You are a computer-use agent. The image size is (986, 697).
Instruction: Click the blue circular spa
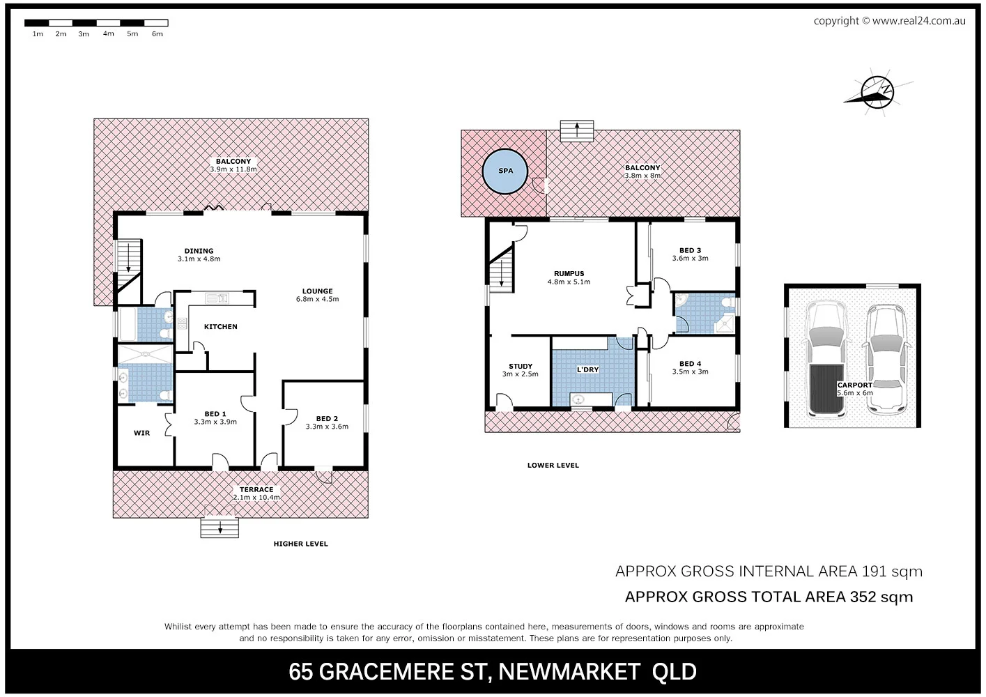tap(505, 171)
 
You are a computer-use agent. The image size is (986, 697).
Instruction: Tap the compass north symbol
tap(877, 93)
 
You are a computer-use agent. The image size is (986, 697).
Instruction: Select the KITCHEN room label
tap(220, 326)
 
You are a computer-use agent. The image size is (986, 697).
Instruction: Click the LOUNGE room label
tap(317, 291)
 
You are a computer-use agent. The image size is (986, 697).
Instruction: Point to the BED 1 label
tap(215, 414)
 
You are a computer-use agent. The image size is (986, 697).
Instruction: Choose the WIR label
tap(141, 433)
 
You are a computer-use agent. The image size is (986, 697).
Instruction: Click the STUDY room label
tap(520, 366)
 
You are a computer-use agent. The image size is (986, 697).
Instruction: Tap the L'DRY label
tap(587, 369)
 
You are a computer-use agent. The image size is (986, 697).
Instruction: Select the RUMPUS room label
tap(569, 274)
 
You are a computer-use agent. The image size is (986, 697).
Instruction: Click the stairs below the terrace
tap(219, 528)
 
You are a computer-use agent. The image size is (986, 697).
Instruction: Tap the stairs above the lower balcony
tap(576, 131)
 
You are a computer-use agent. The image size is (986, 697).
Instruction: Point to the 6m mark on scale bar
tap(157, 33)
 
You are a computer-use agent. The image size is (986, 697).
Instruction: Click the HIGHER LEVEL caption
tap(300, 544)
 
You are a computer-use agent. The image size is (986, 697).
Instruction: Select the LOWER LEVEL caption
tap(553, 465)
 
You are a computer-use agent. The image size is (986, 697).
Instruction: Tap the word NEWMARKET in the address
tap(569, 671)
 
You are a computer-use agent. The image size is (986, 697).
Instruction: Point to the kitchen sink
tap(217, 298)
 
